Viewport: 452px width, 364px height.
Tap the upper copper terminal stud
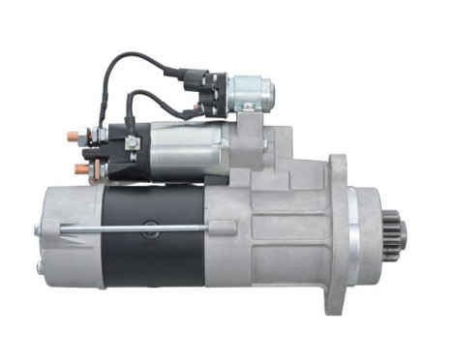[x=72, y=135]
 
